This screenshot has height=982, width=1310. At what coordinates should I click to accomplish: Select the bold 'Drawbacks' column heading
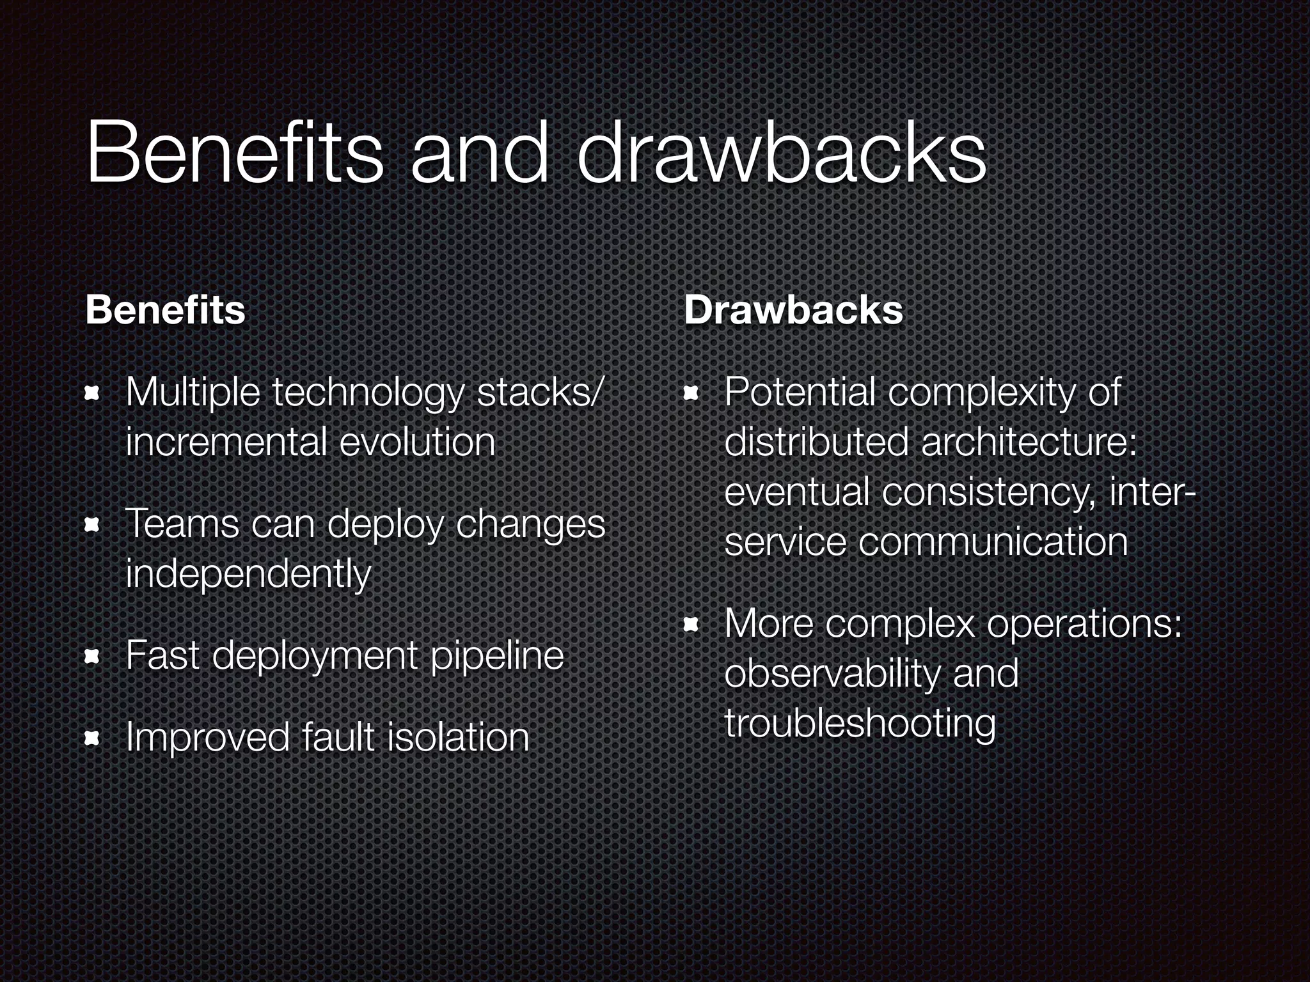(793, 311)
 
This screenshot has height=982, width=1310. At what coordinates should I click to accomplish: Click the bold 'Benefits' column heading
(165, 311)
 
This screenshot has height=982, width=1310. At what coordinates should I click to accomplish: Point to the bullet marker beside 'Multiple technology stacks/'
(93, 395)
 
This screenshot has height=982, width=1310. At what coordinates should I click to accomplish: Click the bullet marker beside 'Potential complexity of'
(691, 395)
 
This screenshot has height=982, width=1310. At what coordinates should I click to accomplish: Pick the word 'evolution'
(417, 442)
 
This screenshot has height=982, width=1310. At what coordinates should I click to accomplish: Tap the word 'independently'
(248, 574)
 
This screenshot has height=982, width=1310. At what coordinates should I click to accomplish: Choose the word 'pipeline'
(497, 656)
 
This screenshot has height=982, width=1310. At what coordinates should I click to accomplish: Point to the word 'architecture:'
(1029, 442)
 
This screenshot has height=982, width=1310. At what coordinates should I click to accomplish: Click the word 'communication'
(993, 542)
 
